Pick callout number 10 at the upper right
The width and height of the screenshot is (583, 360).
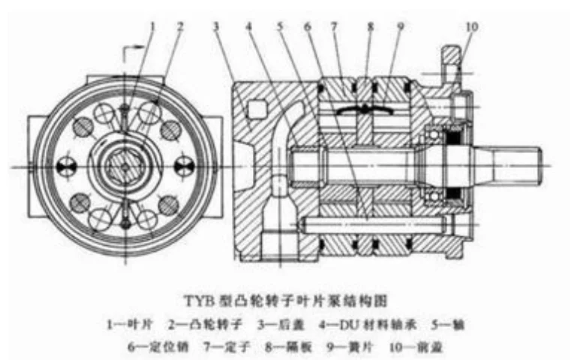coord(471,27)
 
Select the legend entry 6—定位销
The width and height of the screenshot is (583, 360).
coord(149,347)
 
